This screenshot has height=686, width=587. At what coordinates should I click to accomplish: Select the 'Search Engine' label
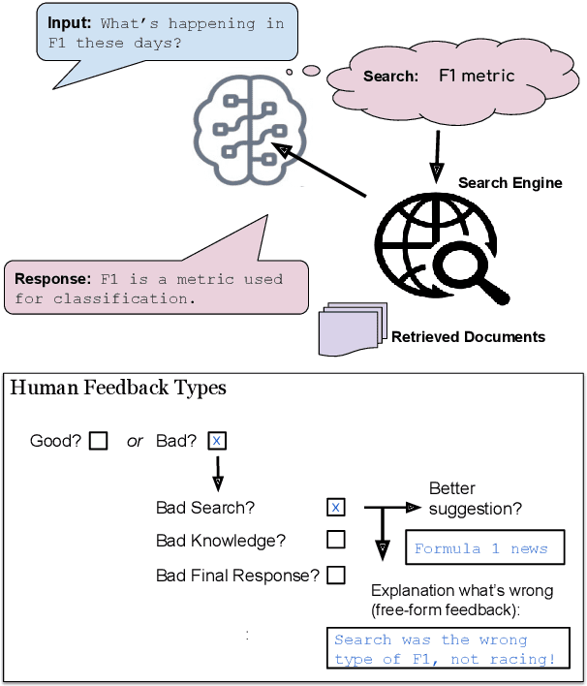[510, 182]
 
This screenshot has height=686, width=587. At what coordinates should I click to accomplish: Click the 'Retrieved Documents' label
[468, 337]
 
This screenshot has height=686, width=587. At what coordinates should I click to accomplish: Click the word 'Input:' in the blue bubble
[69, 23]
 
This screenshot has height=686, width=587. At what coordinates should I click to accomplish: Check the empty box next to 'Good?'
[98, 441]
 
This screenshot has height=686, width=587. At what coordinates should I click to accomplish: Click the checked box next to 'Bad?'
[218, 441]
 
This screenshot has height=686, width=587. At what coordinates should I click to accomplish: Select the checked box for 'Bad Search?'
[335, 507]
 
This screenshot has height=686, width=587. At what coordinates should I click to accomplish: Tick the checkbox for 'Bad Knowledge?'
[335, 540]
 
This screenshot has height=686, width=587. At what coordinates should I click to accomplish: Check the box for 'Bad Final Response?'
[335, 575]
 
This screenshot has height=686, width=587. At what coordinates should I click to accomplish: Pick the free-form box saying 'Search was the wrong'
[446, 649]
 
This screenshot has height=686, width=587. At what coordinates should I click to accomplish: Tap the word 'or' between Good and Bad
[135, 441]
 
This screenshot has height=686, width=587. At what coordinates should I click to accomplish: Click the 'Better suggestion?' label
[475, 497]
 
